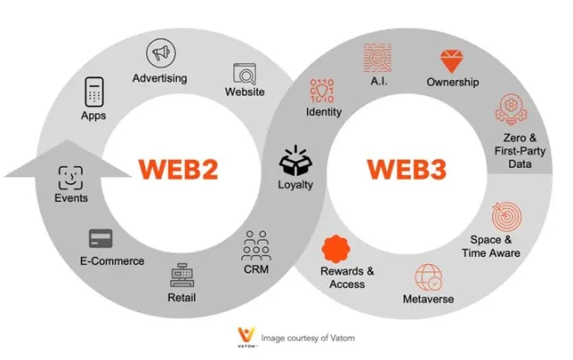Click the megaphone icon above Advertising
pos(161,53)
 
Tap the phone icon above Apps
pos(94,92)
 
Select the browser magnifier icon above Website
pos(245,74)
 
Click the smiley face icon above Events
pos(71,178)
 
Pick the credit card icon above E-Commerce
pos(101,239)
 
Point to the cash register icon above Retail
pos(182,275)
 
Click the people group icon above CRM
pos(256,245)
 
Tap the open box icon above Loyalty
pos(295,161)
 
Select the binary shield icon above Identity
pos(322,91)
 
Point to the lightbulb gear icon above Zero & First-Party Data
pos(511,110)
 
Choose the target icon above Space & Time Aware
pos(507,216)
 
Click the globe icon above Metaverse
pos(428,277)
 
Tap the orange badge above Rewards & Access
pos(336,249)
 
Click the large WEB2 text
pos(179,169)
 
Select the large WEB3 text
pos(407,169)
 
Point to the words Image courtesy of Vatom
pos(308,338)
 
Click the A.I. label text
pos(379,81)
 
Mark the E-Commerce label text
pos(112,261)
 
